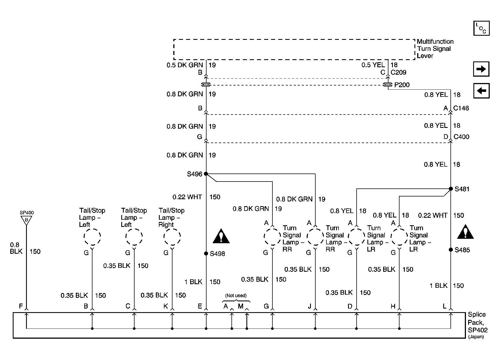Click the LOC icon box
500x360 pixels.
tap(481, 28)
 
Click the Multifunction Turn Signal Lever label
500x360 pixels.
tap(435, 49)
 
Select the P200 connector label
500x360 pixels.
tap(402, 85)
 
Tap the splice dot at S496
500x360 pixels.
tap(206, 174)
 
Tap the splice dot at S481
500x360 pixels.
tap(451, 189)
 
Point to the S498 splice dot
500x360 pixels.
tap(206, 253)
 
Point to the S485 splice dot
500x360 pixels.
tap(451, 250)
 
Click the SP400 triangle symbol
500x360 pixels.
tap(26, 220)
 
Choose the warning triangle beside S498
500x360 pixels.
tap(221, 236)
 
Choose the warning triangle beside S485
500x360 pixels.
tap(465, 232)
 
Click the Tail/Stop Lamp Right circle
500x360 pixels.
tap(172, 237)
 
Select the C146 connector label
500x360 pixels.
tap(461, 108)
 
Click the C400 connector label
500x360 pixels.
tap(461, 137)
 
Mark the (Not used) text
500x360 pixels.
tap(236, 296)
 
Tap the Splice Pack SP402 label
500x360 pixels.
tap(477, 323)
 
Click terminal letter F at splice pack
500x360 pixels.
tap(21, 306)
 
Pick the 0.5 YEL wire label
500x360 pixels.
tap(373, 65)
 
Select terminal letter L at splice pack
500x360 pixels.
tap(444, 306)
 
